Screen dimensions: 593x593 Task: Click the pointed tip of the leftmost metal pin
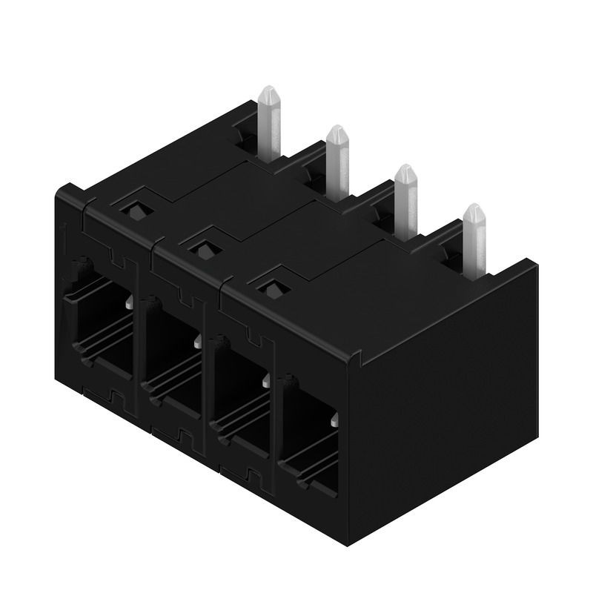[269, 90]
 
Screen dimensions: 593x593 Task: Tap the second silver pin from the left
[337, 159]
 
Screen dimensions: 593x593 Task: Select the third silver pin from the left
[405, 196]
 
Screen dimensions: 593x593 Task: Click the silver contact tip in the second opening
[198, 341]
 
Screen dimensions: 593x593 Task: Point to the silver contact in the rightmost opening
[335, 421]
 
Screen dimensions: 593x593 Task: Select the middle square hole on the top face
[202, 247]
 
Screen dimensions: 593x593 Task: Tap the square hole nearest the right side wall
[273, 287]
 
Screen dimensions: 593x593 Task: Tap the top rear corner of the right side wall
[529, 261]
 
